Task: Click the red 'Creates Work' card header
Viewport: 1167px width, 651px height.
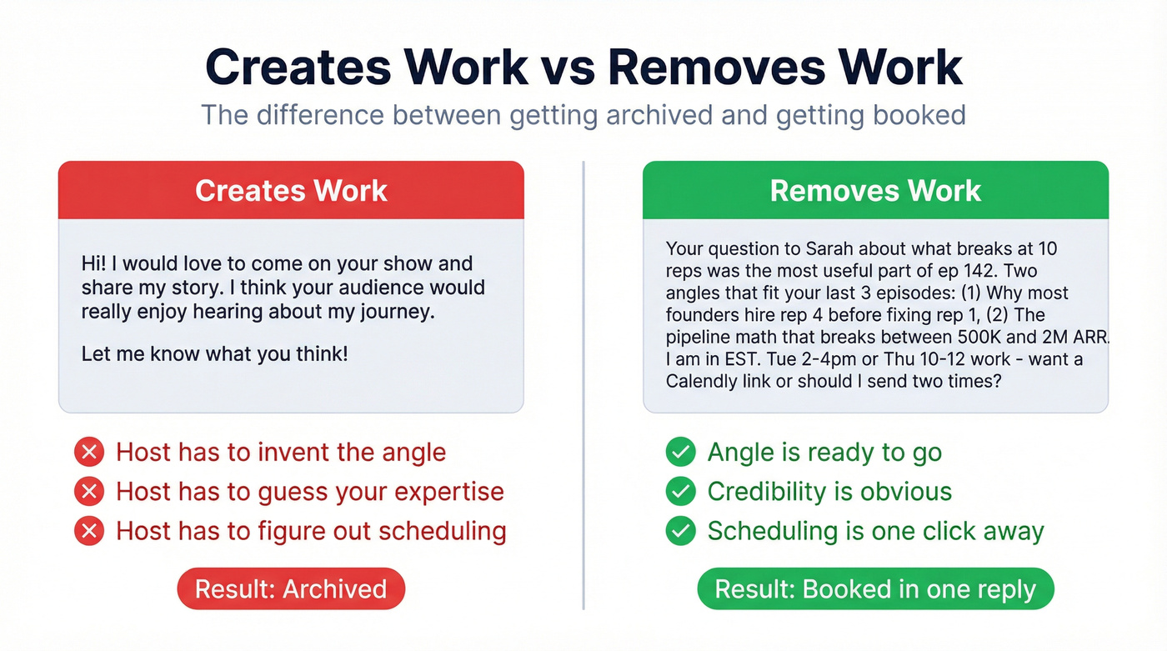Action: tap(291, 190)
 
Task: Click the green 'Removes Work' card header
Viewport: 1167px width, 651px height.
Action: tap(875, 190)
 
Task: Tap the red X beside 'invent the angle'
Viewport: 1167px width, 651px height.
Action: tap(89, 452)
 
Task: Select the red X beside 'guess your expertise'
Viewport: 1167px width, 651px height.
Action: tap(89, 491)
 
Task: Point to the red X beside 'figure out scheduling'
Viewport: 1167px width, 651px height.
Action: tap(89, 530)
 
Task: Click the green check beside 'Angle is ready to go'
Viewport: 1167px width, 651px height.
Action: tap(681, 452)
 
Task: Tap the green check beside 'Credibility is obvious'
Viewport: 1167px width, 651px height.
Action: tap(681, 491)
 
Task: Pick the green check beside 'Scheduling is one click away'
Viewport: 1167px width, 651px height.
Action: tap(681, 530)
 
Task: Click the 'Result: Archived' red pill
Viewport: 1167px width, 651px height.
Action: tap(291, 589)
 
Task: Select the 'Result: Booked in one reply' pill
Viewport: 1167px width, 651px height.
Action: tap(875, 589)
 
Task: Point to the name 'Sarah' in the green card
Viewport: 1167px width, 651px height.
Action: tap(829, 248)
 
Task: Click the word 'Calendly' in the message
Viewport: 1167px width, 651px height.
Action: tap(702, 381)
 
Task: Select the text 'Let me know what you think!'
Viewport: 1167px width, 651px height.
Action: tap(214, 353)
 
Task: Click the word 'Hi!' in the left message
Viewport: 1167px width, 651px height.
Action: tap(93, 264)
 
